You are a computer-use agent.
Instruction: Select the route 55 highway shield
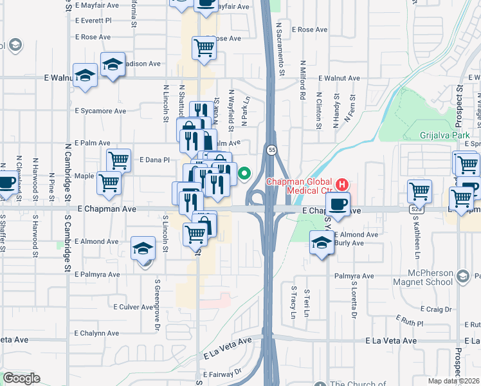(x=271, y=149)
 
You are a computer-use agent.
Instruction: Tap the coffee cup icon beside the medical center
(x=338, y=205)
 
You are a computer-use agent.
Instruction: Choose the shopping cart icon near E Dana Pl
(x=118, y=160)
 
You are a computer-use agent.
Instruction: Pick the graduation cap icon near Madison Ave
(x=113, y=65)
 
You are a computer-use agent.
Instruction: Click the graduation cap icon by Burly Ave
(x=321, y=243)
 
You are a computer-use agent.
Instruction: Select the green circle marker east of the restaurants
(x=244, y=172)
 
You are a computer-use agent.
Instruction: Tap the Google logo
(x=21, y=378)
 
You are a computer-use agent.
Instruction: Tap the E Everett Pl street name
(x=93, y=21)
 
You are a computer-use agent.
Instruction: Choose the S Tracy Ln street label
(x=293, y=302)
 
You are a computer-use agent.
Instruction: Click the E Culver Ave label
(x=133, y=307)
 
